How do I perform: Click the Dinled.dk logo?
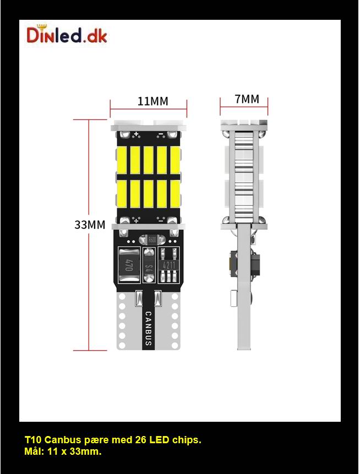tap(67, 35)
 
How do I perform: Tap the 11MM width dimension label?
tap(152, 101)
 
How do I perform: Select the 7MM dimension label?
tap(246, 99)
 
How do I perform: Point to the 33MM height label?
tap(90, 225)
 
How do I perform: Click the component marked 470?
tap(129, 266)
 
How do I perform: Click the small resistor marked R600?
tap(152, 240)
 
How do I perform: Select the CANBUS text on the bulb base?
tap(148, 328)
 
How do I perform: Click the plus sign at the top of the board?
tap(135, 135)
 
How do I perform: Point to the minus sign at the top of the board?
tap(160, 135)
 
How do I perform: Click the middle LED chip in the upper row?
tap(149, 161)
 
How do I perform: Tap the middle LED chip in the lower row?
tap(149, 193)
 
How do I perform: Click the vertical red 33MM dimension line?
tap(89, 165)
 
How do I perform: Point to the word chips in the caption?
tap(187, 441)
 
